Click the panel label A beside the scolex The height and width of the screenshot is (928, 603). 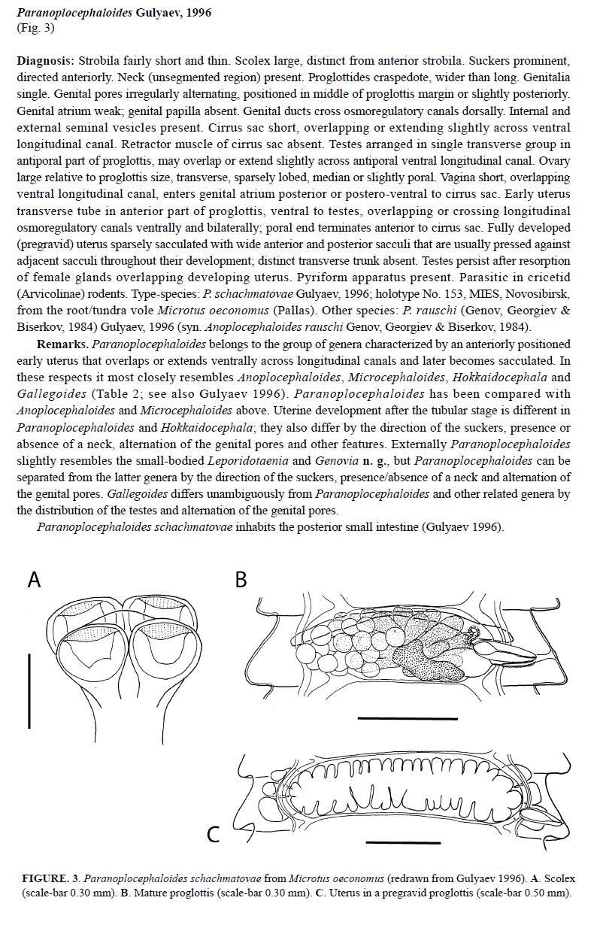(x=34, y=580)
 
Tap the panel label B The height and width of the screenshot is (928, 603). (x=241, y=580)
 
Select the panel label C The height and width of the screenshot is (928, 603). (x=214, y=833)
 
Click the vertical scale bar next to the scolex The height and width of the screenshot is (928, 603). (x=29, y=690)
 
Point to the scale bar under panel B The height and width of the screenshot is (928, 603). (x=407, y=719)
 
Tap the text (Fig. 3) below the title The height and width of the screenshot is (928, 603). (x=35, y=28)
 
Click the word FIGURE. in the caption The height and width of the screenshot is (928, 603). (x=45, y=878)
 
